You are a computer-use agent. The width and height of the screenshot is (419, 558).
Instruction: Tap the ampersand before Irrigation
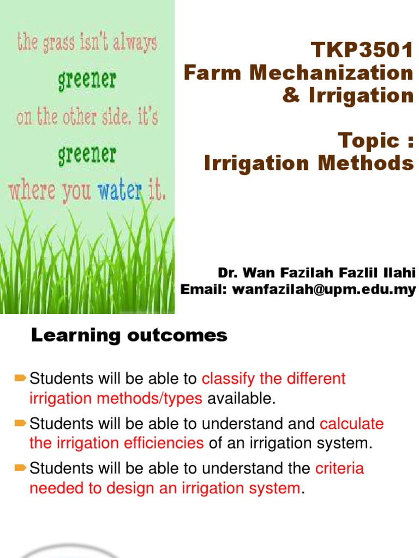[x=290, y=95]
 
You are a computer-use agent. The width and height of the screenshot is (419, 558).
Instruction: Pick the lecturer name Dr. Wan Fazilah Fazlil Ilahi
[x=316, y=272]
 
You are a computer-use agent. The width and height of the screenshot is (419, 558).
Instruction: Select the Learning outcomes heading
[x=129, y=336]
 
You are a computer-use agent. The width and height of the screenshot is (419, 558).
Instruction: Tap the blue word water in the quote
[x=118, y=190]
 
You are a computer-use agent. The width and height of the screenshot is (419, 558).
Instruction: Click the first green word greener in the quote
[x=87, y=81]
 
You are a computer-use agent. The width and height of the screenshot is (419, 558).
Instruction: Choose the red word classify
[x=225, y=379]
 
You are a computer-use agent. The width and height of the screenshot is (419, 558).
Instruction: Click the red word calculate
[x=352, y=424]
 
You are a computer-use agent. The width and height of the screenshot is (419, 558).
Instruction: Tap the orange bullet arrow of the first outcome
[x=21, y=377]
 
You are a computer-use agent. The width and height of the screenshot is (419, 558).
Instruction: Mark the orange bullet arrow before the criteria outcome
[x=21, y=467]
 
